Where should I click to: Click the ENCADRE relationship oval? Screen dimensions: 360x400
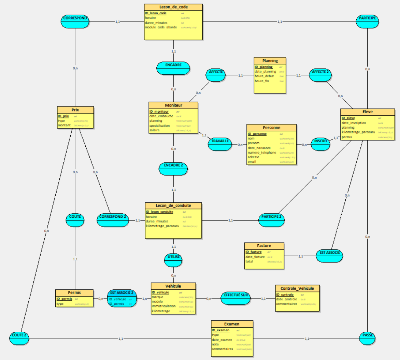[x=173, y=68]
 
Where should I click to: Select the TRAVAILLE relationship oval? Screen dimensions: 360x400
[x=220, y=144]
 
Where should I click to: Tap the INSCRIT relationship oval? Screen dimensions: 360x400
[x=320, y=144]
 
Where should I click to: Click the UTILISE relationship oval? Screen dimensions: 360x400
[x=173, y=260]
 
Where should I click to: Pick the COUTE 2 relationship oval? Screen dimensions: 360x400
[x=19, y=337]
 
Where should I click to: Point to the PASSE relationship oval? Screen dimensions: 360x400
[x=368, y=337]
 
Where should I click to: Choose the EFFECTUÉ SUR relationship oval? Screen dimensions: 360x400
[x=235, y=298]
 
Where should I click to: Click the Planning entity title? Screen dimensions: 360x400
[x=270, y=61]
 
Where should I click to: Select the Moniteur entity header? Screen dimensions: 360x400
[x=173, y=105]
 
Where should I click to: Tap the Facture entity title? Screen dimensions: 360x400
[x=264, y=246]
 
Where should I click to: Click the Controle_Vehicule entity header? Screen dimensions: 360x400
[x=297, y=288]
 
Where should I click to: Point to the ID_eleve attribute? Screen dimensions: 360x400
[x=348, y=118]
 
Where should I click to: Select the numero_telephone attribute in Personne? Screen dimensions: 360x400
[x=262, y=153]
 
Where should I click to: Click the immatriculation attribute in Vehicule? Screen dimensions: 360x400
[x=164, y=306]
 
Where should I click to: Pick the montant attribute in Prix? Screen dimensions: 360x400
[x=64, y=125]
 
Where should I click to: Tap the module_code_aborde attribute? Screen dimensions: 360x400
[x=161, y=27]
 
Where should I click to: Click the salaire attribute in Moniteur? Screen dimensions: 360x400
[x=154, y=130]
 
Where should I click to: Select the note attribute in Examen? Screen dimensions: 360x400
[x=215, y=344]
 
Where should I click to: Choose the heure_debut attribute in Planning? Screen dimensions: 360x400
[x=264, y=76]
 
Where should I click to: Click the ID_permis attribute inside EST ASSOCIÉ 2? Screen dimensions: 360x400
[x=116, y=304]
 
